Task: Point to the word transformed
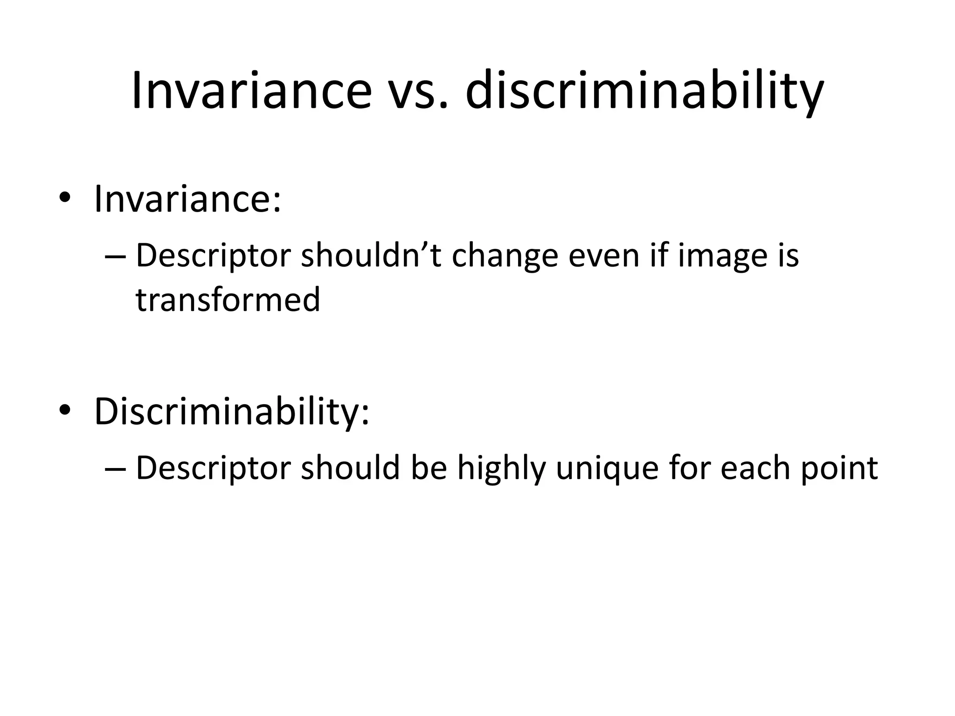(x=228, y=299)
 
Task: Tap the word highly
(x=501, y=469)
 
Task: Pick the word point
(x=839, y=469)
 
